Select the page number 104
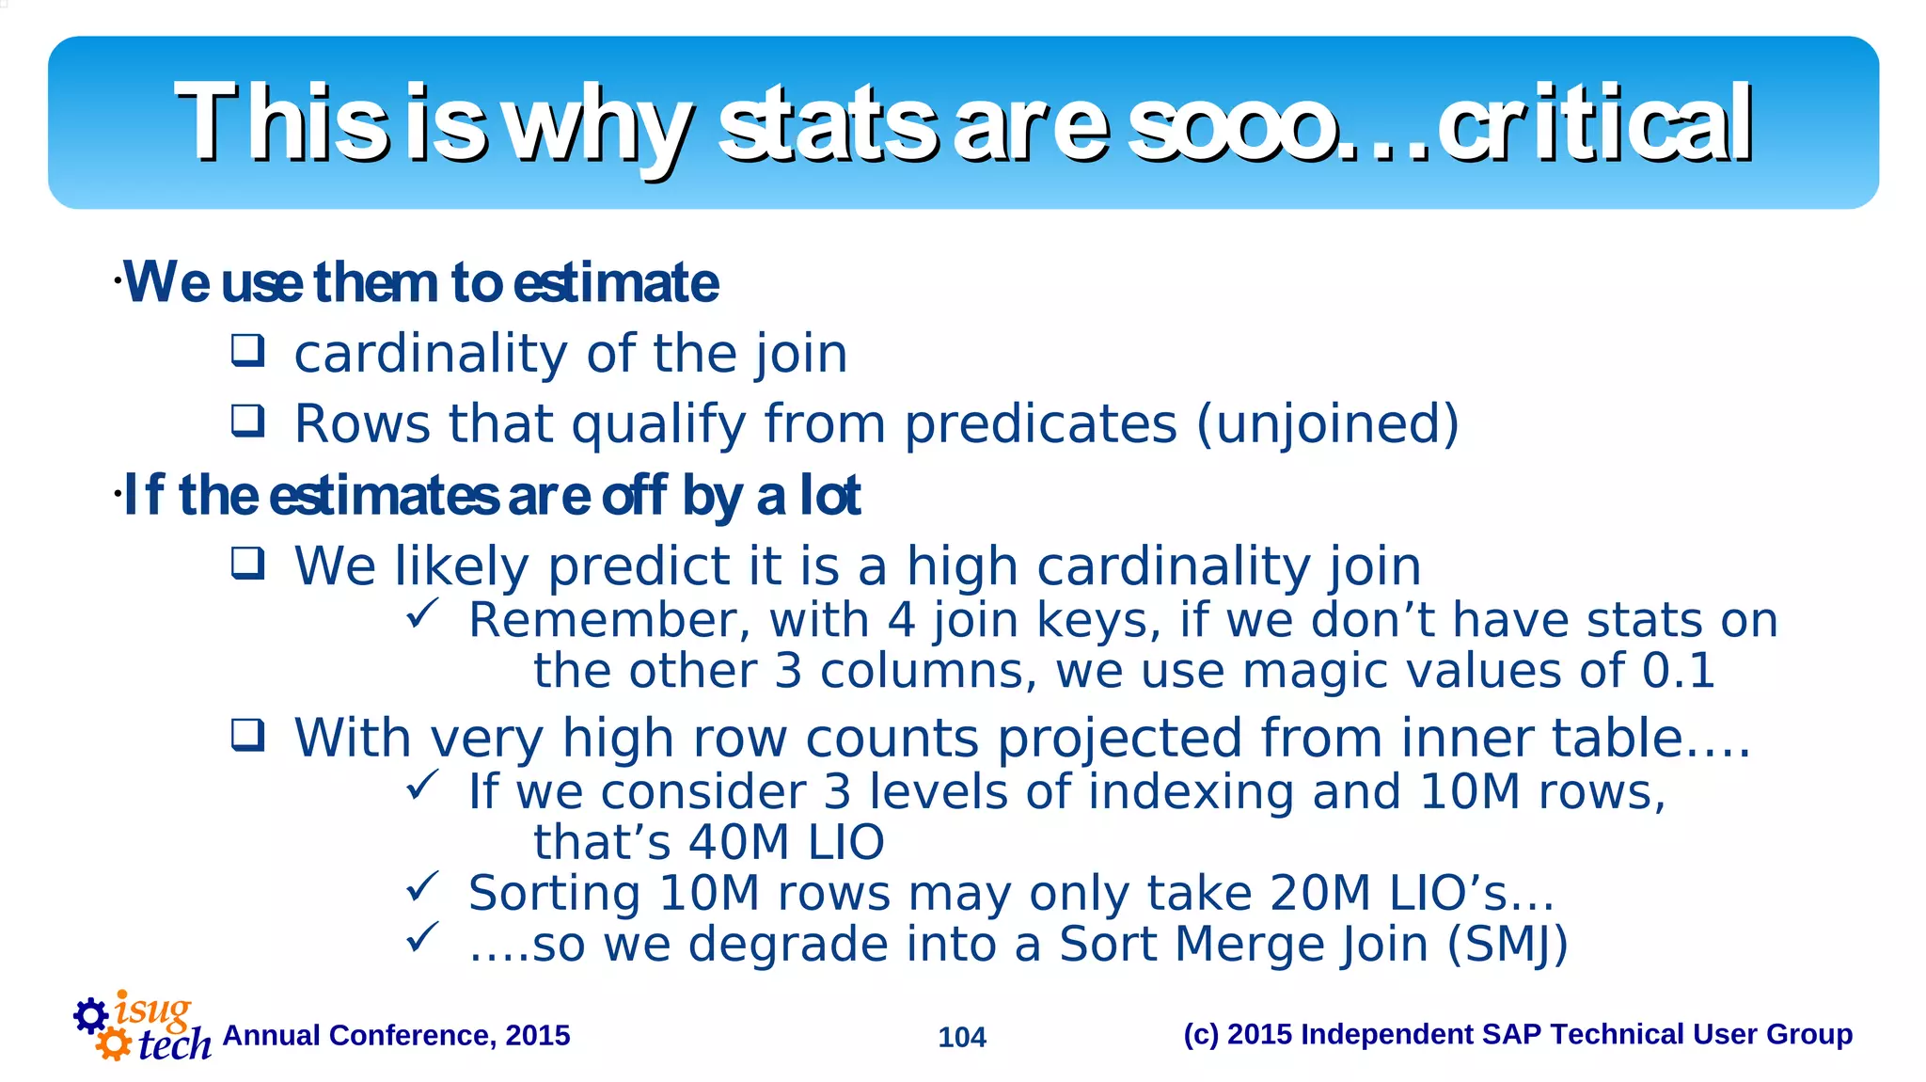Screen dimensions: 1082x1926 [x=962, y=1037]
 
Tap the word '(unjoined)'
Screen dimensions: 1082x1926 [x=1328, y=423]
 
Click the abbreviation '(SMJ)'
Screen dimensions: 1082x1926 [x=1508, y=944]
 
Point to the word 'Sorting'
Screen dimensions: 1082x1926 [x=554, y=893]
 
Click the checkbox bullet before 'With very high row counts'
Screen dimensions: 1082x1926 [x=248, y=734]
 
